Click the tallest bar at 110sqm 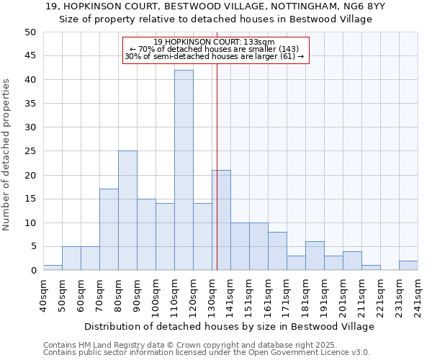(x=184, y=170)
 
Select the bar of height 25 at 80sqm (x=127, y=210)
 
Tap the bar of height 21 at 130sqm (x=221, y=220)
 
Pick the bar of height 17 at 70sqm (x=109, y=230)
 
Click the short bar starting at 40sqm (x=53, y=268)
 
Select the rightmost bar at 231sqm (x=408, y=266)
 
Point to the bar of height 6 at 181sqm (x=315, y=256)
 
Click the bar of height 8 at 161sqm (x=277, y=251)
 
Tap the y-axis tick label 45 (x=30, y=56)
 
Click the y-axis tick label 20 (x=30, y=175)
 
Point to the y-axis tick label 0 (x=32, y=271)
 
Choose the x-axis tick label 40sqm (x=43, y=296)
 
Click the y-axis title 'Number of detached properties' (x=7, y=154)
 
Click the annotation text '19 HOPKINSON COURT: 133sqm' (x=215, y=42)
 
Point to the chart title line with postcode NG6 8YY (x=215, y=6)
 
